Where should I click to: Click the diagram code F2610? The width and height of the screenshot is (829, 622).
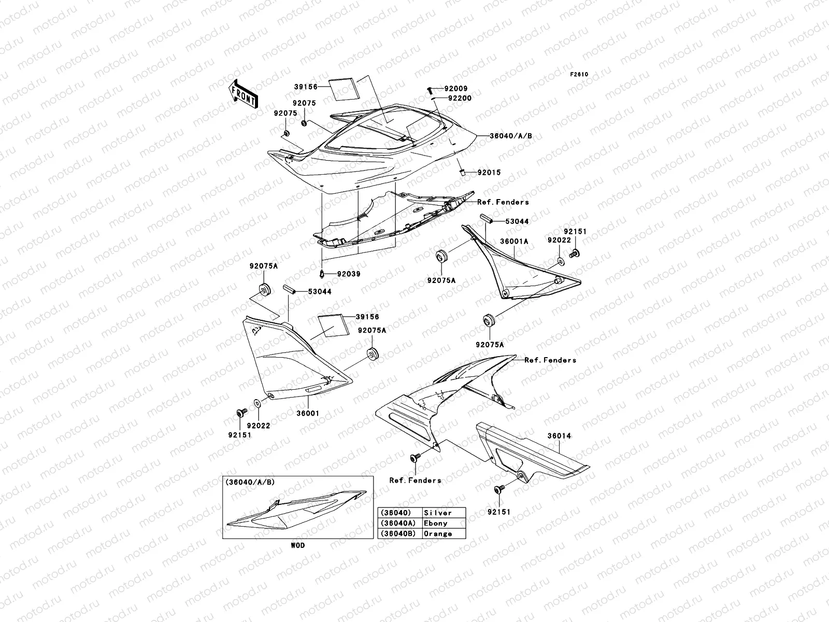click(x=579, y=75)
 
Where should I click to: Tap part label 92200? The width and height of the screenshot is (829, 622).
click(x=460, y=97)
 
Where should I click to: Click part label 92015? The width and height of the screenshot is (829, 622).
click(x=489, y=173)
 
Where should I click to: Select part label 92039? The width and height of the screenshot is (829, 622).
click(x=348, y=274)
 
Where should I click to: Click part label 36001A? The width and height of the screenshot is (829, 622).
click(x=514, y=242)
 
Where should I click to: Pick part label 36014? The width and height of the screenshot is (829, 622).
click(x=559, y=436)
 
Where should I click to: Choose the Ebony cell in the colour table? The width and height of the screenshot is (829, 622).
click(x=435, y=523)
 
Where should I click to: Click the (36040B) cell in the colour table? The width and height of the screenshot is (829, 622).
click(x=399, y=533)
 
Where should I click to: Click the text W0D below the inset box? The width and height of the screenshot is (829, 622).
click(x=297, y=545)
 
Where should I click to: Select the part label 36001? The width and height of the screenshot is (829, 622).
click(x=307, y=414)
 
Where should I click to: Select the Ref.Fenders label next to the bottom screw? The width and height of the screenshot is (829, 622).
click(x=415, y=480)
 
